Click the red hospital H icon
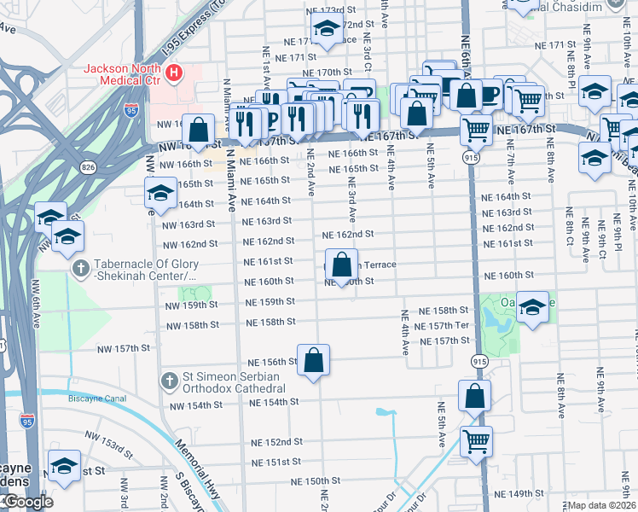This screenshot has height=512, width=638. (x=175, y=73)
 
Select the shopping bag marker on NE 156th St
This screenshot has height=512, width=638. (x=313, y=360)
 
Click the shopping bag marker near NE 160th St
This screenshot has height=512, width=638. (x=341, y=265)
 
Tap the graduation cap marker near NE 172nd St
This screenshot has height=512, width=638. (x=325, y=30)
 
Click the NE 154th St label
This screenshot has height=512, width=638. (x=270, y=402)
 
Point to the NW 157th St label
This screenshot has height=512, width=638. (x=121, y=348)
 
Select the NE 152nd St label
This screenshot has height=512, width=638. (x=277, y=442)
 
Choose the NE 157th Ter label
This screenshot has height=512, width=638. (x=441, y=327)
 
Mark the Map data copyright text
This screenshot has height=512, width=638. (x=602, y=505)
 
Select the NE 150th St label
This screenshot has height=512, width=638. (x=317, y=481)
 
